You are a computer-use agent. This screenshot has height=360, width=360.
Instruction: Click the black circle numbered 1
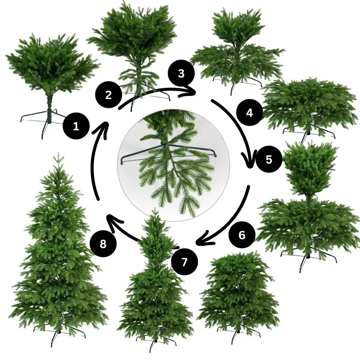click(x=76, y=126)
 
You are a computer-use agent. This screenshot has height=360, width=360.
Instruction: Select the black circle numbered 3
click(x=181, y=73)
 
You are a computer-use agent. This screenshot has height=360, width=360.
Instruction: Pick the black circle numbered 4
click(x=249, y=112)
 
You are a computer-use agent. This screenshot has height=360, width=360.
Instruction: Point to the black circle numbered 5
click(x=269, y=159)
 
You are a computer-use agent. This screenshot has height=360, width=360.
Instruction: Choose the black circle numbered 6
click(x=242, y=235)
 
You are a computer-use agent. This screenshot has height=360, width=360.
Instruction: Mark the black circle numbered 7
click(x=184, y=262)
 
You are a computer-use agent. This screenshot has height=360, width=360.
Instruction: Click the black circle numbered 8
click(x=103, y=244)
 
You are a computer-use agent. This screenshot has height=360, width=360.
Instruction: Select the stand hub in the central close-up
click(x=165, y=145)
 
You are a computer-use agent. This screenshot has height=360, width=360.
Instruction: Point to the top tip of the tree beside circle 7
click(x=155, y=208)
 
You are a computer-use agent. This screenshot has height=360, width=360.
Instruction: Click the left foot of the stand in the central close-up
click(x=122, y=163)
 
